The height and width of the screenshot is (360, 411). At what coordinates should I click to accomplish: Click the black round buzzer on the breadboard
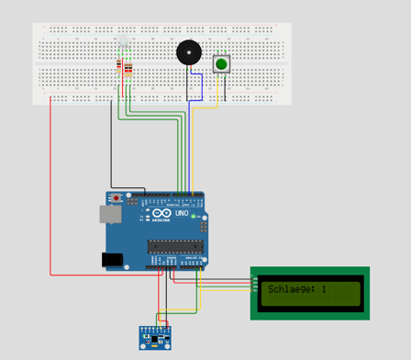(189, 52)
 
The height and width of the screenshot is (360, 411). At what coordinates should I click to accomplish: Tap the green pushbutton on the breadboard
(221, 63)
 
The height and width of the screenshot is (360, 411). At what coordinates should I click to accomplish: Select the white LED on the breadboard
(123, 43)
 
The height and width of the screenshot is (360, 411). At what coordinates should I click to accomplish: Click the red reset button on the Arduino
(117, 197)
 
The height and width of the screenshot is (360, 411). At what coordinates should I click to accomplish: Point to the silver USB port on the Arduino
(109, 214)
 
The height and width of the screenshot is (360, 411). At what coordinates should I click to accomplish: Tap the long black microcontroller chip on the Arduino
(174, 245)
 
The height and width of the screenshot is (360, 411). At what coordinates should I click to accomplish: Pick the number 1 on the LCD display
(324, 290)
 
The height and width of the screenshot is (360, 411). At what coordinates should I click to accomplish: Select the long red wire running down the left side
(50, 184)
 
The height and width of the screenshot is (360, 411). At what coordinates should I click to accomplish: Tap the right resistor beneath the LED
(128, 69)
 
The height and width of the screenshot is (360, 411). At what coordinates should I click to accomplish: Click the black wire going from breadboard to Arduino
(111, 147)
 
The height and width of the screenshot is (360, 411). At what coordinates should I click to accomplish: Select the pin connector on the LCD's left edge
(254, 284)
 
